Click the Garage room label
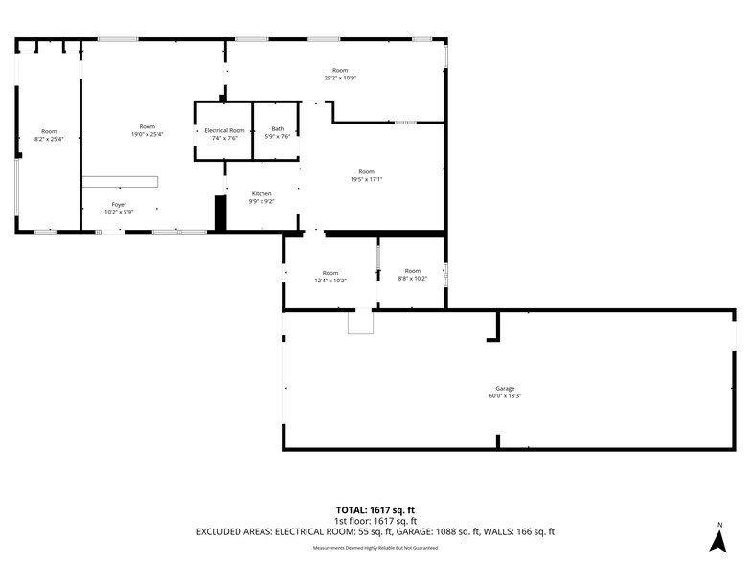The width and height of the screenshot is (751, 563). (x=504, y=388)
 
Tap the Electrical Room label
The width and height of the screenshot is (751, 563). (x=224, y=130)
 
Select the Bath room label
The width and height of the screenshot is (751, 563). (x=278, y=129)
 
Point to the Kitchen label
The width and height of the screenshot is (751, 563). (x=262, y=194)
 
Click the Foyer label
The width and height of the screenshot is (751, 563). (x=119, y=204)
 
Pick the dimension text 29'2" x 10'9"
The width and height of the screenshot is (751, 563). (x=340, y=78)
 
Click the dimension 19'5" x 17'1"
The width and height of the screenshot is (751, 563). (x=366, y=179)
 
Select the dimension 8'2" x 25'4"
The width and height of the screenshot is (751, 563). (x=49, y=139)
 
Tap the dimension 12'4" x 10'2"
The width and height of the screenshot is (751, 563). (x=330, y=280)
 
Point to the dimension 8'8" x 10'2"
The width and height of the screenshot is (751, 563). (x=412, y=279)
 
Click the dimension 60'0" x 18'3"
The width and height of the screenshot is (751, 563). (x=504, y=395)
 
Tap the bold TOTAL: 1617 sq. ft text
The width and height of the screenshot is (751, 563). (x=375, y=510)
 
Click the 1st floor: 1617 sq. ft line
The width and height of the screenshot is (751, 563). (x=375, y=521)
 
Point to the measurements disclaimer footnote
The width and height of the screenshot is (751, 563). (x=375, y=548)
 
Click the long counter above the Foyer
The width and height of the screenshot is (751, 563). (x=120, y=181)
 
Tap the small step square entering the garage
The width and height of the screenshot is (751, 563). (x=360, y=323)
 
